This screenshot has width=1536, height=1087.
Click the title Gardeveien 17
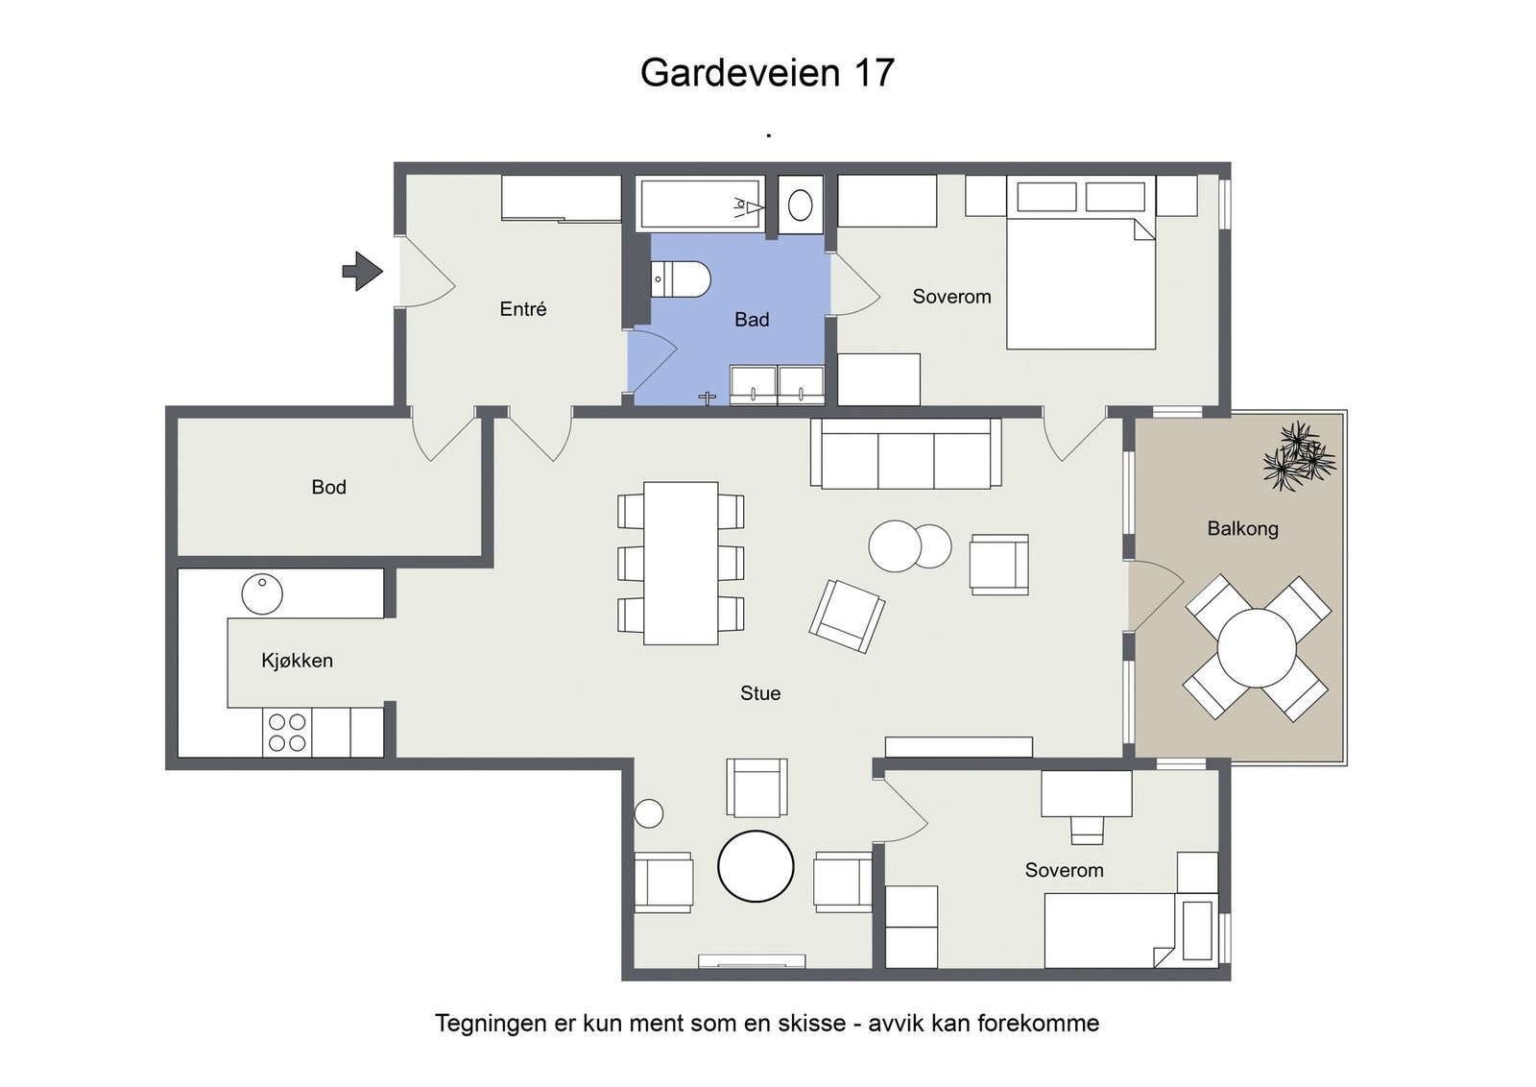coord(767,73)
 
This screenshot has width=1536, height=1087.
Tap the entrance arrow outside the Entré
coord(363,271)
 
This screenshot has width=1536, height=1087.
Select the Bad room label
coord(752,320)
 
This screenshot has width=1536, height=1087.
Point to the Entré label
coord(522,309)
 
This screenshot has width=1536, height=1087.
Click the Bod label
coord(328,487)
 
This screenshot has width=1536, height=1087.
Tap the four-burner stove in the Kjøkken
coord(287,733)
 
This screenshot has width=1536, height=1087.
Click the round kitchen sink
coord(262,593)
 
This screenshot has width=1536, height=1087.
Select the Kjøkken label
coord(297,661)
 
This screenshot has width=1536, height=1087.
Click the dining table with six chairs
coord(681,563)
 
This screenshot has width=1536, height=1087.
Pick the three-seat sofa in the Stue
coord(905,453)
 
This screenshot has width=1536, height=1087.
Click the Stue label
coord(760,693)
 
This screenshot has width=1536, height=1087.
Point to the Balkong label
coord(1242,528)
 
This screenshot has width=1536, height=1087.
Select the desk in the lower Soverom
coord(1087,793)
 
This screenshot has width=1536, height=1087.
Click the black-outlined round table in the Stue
coord(756,866)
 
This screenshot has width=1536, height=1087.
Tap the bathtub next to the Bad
coord(701,203)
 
